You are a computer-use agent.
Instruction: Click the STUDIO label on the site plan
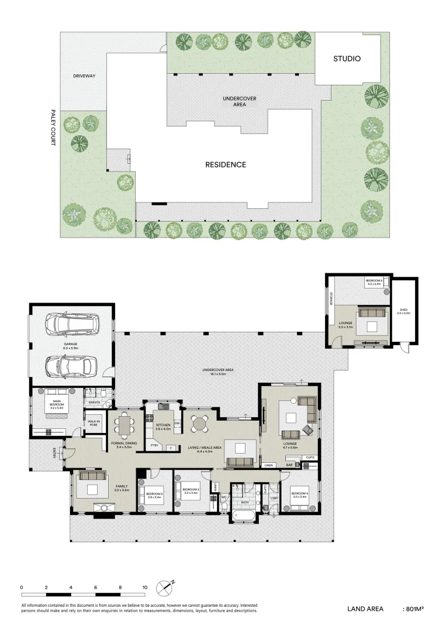tap(347, 59)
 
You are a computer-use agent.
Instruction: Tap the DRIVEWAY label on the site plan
tap(84, 76)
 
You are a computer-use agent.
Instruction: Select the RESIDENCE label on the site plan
tap(225, 164)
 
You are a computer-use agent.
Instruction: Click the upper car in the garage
tap(73, 324)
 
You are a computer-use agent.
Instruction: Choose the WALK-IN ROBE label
tap(93, 423)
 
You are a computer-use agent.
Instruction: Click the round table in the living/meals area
tap(200, 424)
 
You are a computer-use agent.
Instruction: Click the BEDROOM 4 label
tap(300, 494)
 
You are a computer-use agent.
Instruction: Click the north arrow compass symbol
tap(164, 587)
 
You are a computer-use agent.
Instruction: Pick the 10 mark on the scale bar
tap(145, 587)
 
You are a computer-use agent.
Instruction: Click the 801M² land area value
tap(413, 609)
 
